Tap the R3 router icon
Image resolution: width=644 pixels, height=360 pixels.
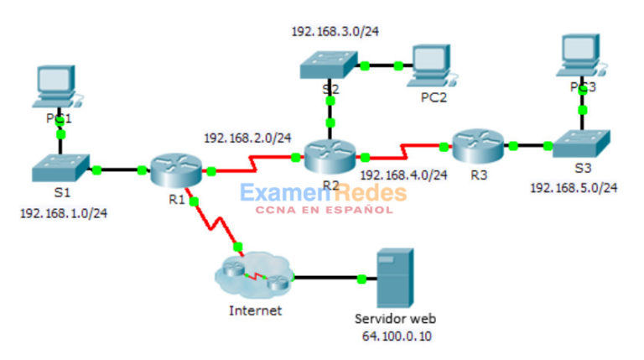coord(477,144)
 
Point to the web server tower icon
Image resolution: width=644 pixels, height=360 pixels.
coord(394,278)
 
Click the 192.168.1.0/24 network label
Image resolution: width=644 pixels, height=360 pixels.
coord(63,212)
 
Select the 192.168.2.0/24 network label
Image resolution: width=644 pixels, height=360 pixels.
coord(247,138)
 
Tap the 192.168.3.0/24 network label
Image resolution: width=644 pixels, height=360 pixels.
coord(335,32)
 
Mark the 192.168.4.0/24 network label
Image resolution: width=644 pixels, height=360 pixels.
coord(403,175)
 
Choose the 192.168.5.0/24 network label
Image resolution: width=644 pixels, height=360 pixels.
coord(574,188)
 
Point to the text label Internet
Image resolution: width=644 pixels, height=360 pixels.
coord(254,310)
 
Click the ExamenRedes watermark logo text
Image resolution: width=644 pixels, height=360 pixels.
coord(323,194)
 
